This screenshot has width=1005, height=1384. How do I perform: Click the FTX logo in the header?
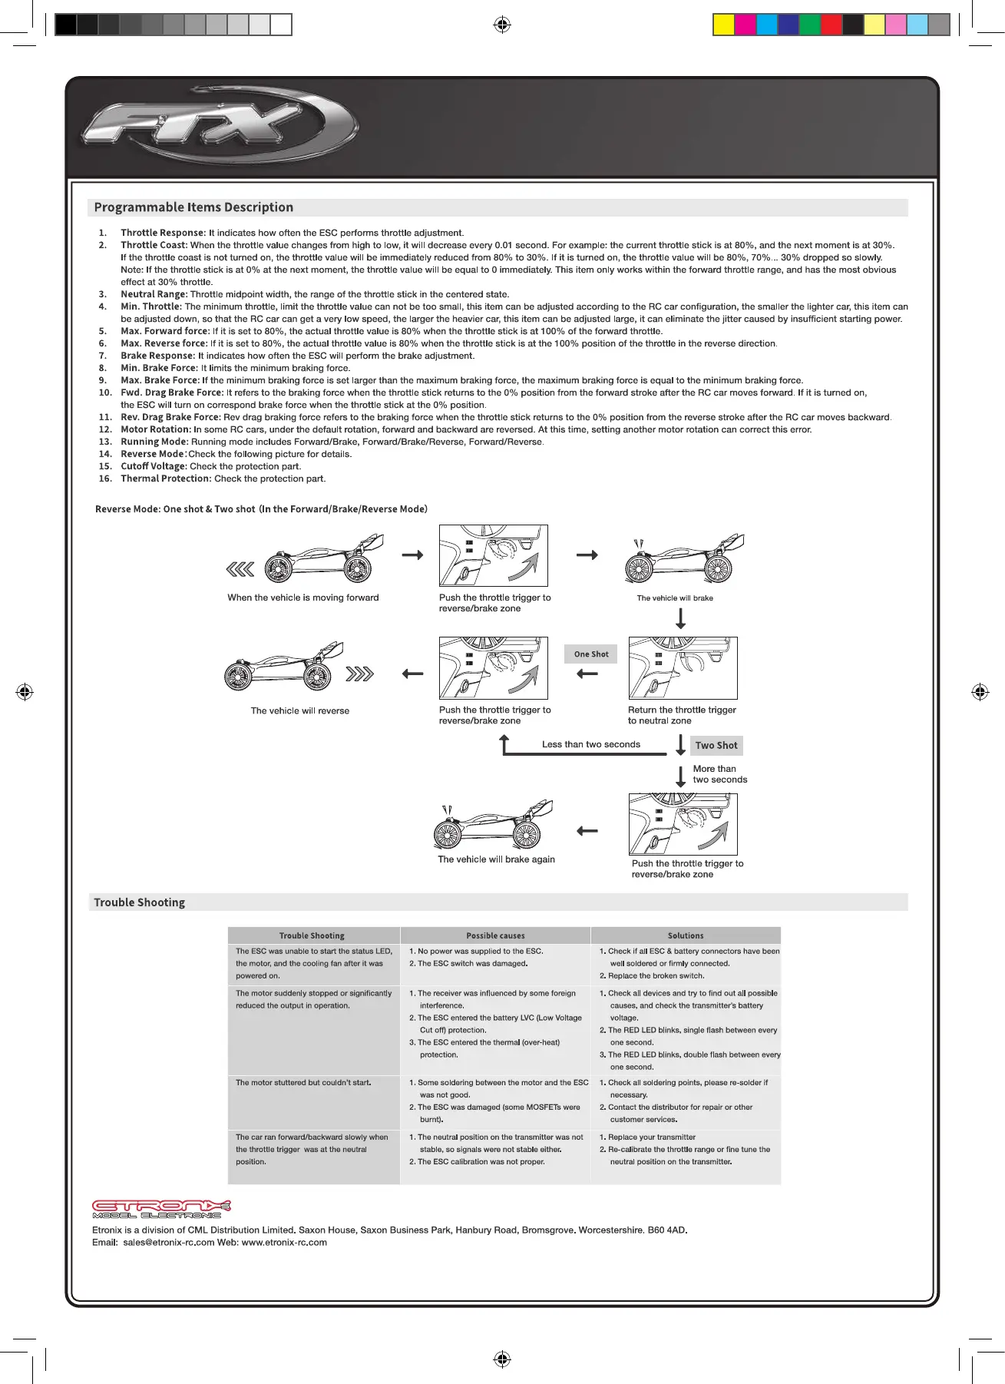point(219,126)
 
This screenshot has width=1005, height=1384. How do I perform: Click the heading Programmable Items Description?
point(193,207)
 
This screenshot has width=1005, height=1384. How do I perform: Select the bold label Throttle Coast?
point(154,245)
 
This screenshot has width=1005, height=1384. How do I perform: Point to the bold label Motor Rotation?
point(155,429)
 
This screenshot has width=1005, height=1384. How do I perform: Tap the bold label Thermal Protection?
point(165,478)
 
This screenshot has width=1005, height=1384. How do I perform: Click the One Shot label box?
point(590,654)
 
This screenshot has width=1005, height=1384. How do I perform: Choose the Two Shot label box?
point(716,745)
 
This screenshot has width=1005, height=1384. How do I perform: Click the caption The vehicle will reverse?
point(299,711)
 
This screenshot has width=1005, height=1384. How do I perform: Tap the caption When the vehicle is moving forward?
point(302,598)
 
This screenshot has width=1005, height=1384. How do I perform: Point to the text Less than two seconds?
point(590,744)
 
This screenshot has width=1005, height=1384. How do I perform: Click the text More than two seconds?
point(719,774)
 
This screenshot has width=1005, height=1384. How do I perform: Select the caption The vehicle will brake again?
point(496,859)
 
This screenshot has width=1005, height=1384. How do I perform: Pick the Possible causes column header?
point(495,935)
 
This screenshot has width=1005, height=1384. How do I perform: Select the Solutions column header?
point(685,935)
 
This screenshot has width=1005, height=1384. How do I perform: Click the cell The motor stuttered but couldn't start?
point(303,1083)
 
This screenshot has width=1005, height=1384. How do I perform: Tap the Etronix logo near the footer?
point(161,1209)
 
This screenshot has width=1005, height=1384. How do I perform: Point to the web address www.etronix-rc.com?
point(284,1242)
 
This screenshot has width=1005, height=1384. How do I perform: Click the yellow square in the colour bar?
point(723,25)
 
